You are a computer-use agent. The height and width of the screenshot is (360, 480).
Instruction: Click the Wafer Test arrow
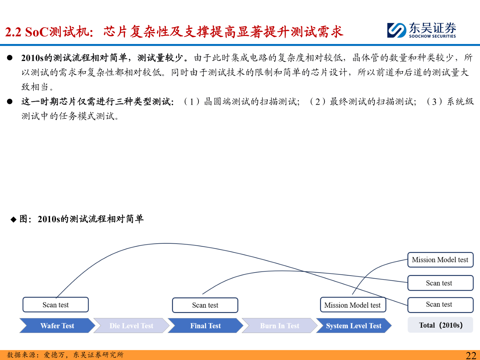tap(57, 326)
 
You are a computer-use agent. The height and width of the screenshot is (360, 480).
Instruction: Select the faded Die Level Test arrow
tap(131, 326)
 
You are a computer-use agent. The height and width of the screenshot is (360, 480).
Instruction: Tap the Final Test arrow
tap(205, 326)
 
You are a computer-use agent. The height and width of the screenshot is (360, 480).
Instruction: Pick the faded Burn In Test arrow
tap(279, 326)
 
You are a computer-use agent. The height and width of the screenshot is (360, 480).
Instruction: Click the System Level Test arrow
tap(353, 326)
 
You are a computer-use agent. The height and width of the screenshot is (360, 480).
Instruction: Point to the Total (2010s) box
tap(440, 325)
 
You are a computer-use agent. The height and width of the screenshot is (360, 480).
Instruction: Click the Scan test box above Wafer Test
tap(56, 305)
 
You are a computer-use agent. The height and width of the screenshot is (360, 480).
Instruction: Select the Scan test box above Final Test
tap(205, 305)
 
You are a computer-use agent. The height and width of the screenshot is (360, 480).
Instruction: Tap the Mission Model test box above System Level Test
tap(353, 305)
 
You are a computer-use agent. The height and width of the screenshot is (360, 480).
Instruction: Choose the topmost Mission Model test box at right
tap(440, 260)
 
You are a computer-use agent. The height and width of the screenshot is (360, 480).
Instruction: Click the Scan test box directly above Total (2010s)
tap(440, 305)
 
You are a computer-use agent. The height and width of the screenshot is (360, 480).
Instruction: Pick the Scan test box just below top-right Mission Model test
tap(440, 283)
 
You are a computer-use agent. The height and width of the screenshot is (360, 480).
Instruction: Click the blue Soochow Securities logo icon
tap(397, 30)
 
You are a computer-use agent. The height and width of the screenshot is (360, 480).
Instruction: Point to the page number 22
tap(471, 355)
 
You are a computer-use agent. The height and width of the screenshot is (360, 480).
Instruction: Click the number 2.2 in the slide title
tap(13, 32)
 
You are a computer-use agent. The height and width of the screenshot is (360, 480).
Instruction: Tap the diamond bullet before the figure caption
tap(13, 219)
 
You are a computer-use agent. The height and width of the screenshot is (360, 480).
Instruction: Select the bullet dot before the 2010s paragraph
tap(10, 58)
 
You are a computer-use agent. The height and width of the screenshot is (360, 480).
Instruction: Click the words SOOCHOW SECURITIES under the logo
tap(432, 36)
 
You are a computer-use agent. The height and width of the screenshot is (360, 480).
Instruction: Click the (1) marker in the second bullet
tap(192, 102)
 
